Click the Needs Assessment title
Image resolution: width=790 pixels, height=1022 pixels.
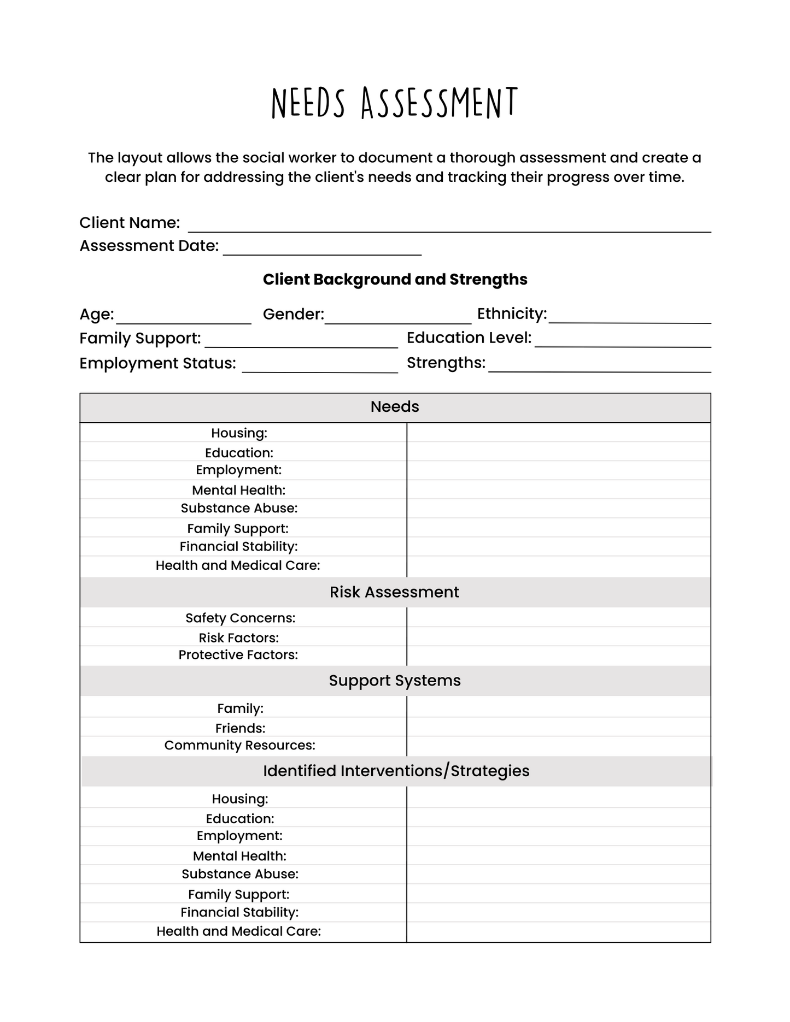pyautogui.click(x=394, y=103)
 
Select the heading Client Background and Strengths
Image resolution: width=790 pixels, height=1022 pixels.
pyautogui.click(x=395, y=280)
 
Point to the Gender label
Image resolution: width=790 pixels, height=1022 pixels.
pyautogui.click(x=293, y=315)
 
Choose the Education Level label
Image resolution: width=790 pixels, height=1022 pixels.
pyautogui.click(x=469, y=338)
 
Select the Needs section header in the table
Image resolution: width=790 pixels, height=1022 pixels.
pyautogui.click(x=395, y=407)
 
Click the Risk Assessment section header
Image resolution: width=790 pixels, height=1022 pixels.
pyautogui.click(x=394, y=593)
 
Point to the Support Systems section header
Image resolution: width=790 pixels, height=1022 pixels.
pyautogui.click(x=394, y=681)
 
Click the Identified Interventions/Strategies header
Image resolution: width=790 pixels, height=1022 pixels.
pyautogui.click(x=396, y=771)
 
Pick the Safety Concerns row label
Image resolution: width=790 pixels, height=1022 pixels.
pyautogui.click(x=240, y=618)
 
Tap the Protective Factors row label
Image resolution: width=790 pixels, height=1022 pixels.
pyautogui.click(x=238, y=655)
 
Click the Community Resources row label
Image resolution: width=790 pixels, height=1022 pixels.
pyautogui.click(x=239, y=746)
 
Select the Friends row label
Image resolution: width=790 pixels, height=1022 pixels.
pyautogui.click(x=240, y=729)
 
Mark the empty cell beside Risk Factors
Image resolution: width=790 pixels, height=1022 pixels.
pyautogui.click(x=558, y=637)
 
